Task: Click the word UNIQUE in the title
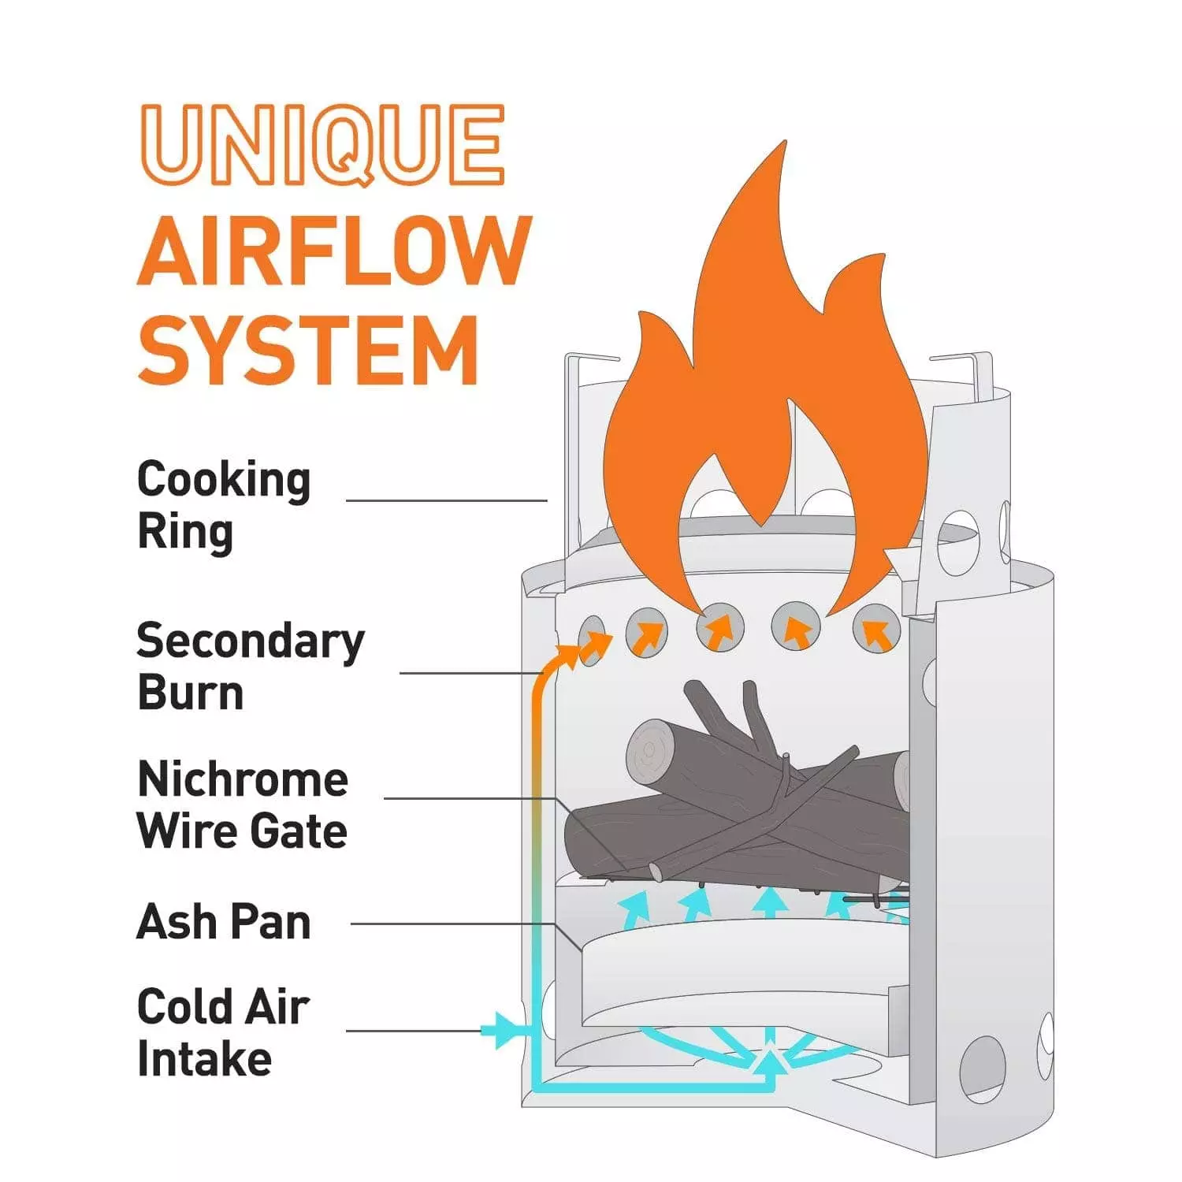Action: point(322,145)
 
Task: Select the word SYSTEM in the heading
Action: point(308,350)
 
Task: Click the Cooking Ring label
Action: point(224,505)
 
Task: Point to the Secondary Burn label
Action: point(250,666)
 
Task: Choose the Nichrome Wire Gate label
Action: point(242,805)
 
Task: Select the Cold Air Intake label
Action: point(223,1032)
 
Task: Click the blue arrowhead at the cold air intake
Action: point(501,1029)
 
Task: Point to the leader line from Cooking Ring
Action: point(446,500)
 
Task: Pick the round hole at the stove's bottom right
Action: point(983,1069)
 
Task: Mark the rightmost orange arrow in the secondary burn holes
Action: point(877,632)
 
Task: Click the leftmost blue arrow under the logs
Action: point(636,908)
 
